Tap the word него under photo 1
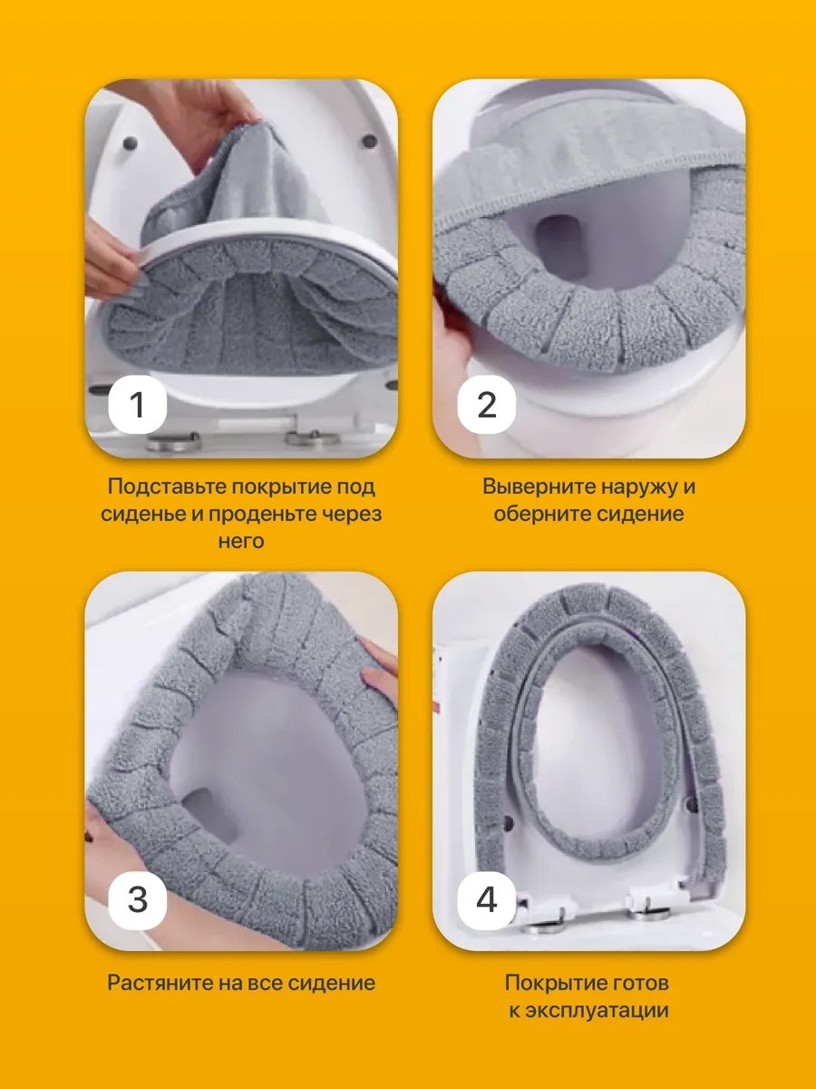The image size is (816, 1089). pos(241,540)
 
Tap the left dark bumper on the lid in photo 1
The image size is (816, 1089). pos(131,144)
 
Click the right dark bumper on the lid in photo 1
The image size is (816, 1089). pos(369,139)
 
